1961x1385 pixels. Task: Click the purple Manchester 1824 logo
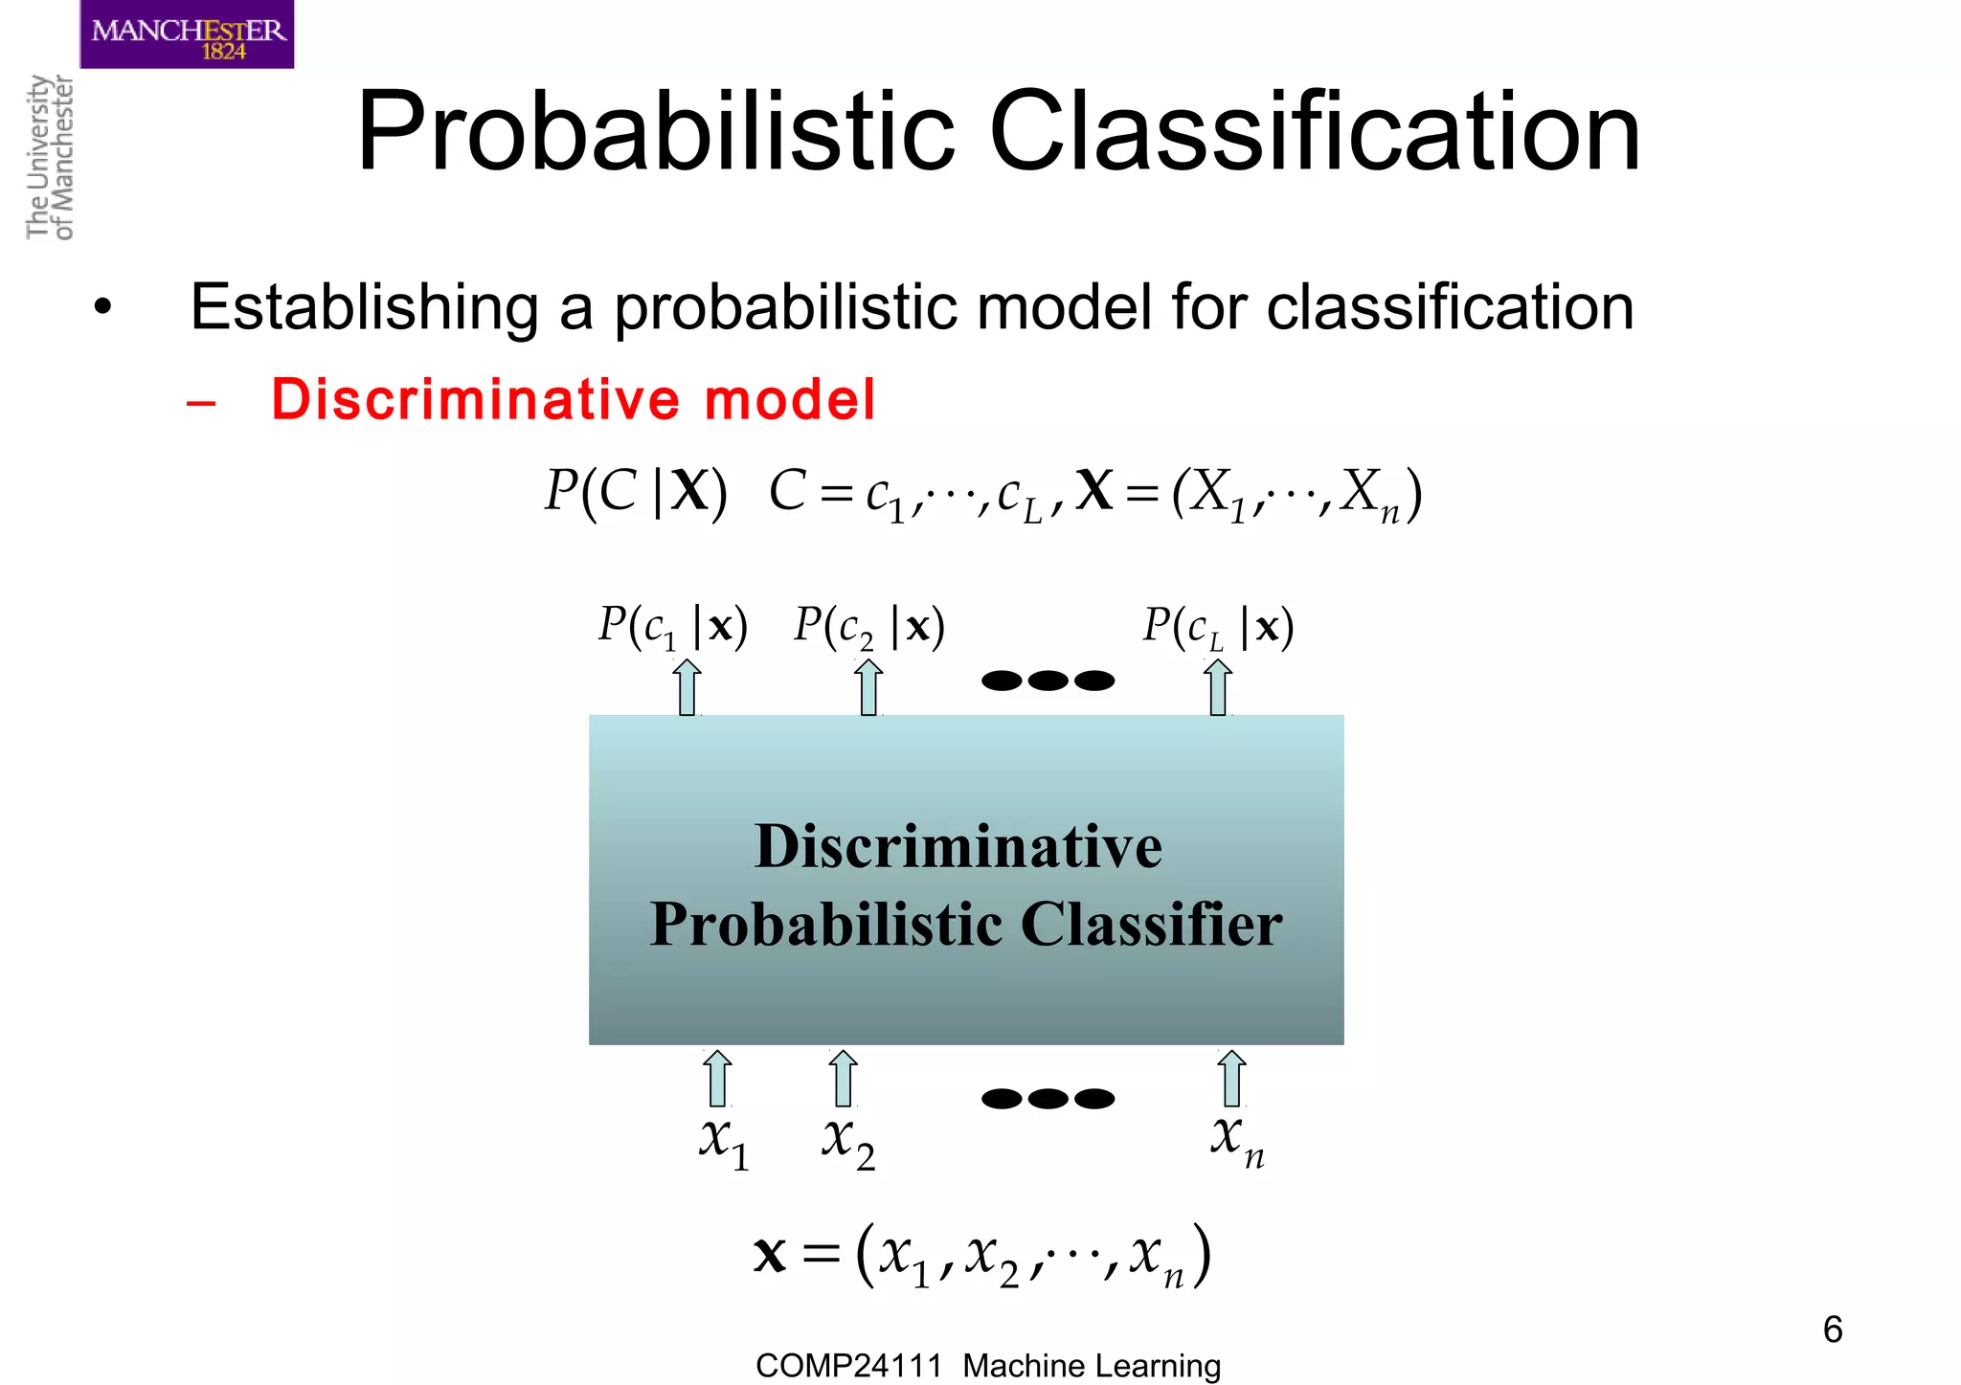coord(187,34)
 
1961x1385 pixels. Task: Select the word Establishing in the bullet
coord(364,307)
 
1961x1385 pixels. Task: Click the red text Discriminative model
coord(573,399)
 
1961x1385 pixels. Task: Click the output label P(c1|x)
coord(672,628)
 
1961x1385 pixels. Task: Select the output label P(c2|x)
coord(869,628)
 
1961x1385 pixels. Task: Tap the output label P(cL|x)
coord(1218,628)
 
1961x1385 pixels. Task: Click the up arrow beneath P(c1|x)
coord(687,687)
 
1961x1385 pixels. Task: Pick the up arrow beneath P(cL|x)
coord(1218,687)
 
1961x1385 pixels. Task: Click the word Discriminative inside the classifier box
coord(958,847)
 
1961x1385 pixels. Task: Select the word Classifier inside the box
coord(1151,925)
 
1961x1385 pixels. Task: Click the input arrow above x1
coord(717,1078)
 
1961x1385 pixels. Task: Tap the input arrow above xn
coord(1232,1078)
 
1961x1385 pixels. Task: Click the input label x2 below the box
coord(847,1143)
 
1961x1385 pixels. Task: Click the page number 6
coord(1833,1329)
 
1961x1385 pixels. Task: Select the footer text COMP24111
coord(848,1366)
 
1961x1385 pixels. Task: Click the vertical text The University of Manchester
coord(50,157)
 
